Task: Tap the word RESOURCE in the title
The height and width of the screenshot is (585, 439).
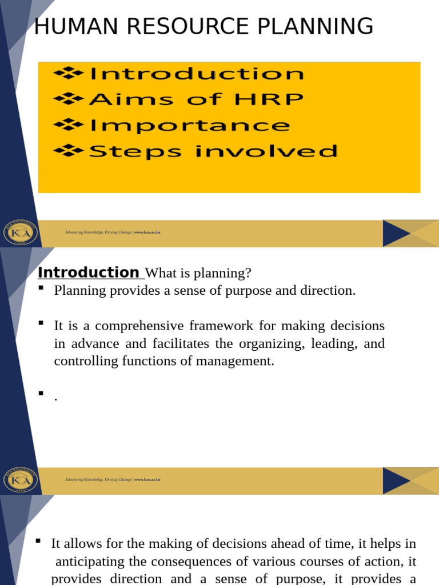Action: pos(182,27)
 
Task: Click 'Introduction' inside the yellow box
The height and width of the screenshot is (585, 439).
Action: pos(196,74)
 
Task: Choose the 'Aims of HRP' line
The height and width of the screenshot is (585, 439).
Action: pos(196,99)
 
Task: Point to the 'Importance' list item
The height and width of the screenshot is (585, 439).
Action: pos(189,125)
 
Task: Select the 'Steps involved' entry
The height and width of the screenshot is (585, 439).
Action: pos(213,151)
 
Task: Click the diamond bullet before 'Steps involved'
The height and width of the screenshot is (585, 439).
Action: pos(69,151)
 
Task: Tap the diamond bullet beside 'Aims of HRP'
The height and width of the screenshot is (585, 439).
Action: pos(69,99)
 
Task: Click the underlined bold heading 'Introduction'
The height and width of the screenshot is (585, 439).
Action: pos(88,273)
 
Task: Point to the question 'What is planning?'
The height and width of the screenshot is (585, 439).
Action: pos(198,274)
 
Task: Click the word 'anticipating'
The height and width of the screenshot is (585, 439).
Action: pos(92,561)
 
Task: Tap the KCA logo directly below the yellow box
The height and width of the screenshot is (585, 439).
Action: pos(20,233)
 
